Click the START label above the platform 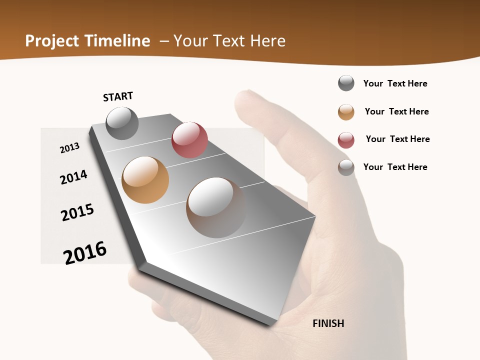coord(118,96)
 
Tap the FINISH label coord(328,323)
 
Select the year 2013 coord(70,147)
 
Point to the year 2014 coord(73,177)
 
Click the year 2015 coord(77,212)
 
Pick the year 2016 coord(85,252)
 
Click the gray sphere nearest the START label coord(122,123)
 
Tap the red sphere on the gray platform coord(189,140)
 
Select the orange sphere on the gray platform coord(145,180)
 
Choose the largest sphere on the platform coord(216,207)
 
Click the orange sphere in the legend coord(346,112)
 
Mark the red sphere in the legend coord(346,140)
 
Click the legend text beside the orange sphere coord(396,111)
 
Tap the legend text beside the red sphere coord(397,139)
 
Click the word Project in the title coord(52,41)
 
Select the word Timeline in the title coord(117,41)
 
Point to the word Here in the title coord(267,41)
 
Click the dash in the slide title coord(164,41)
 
